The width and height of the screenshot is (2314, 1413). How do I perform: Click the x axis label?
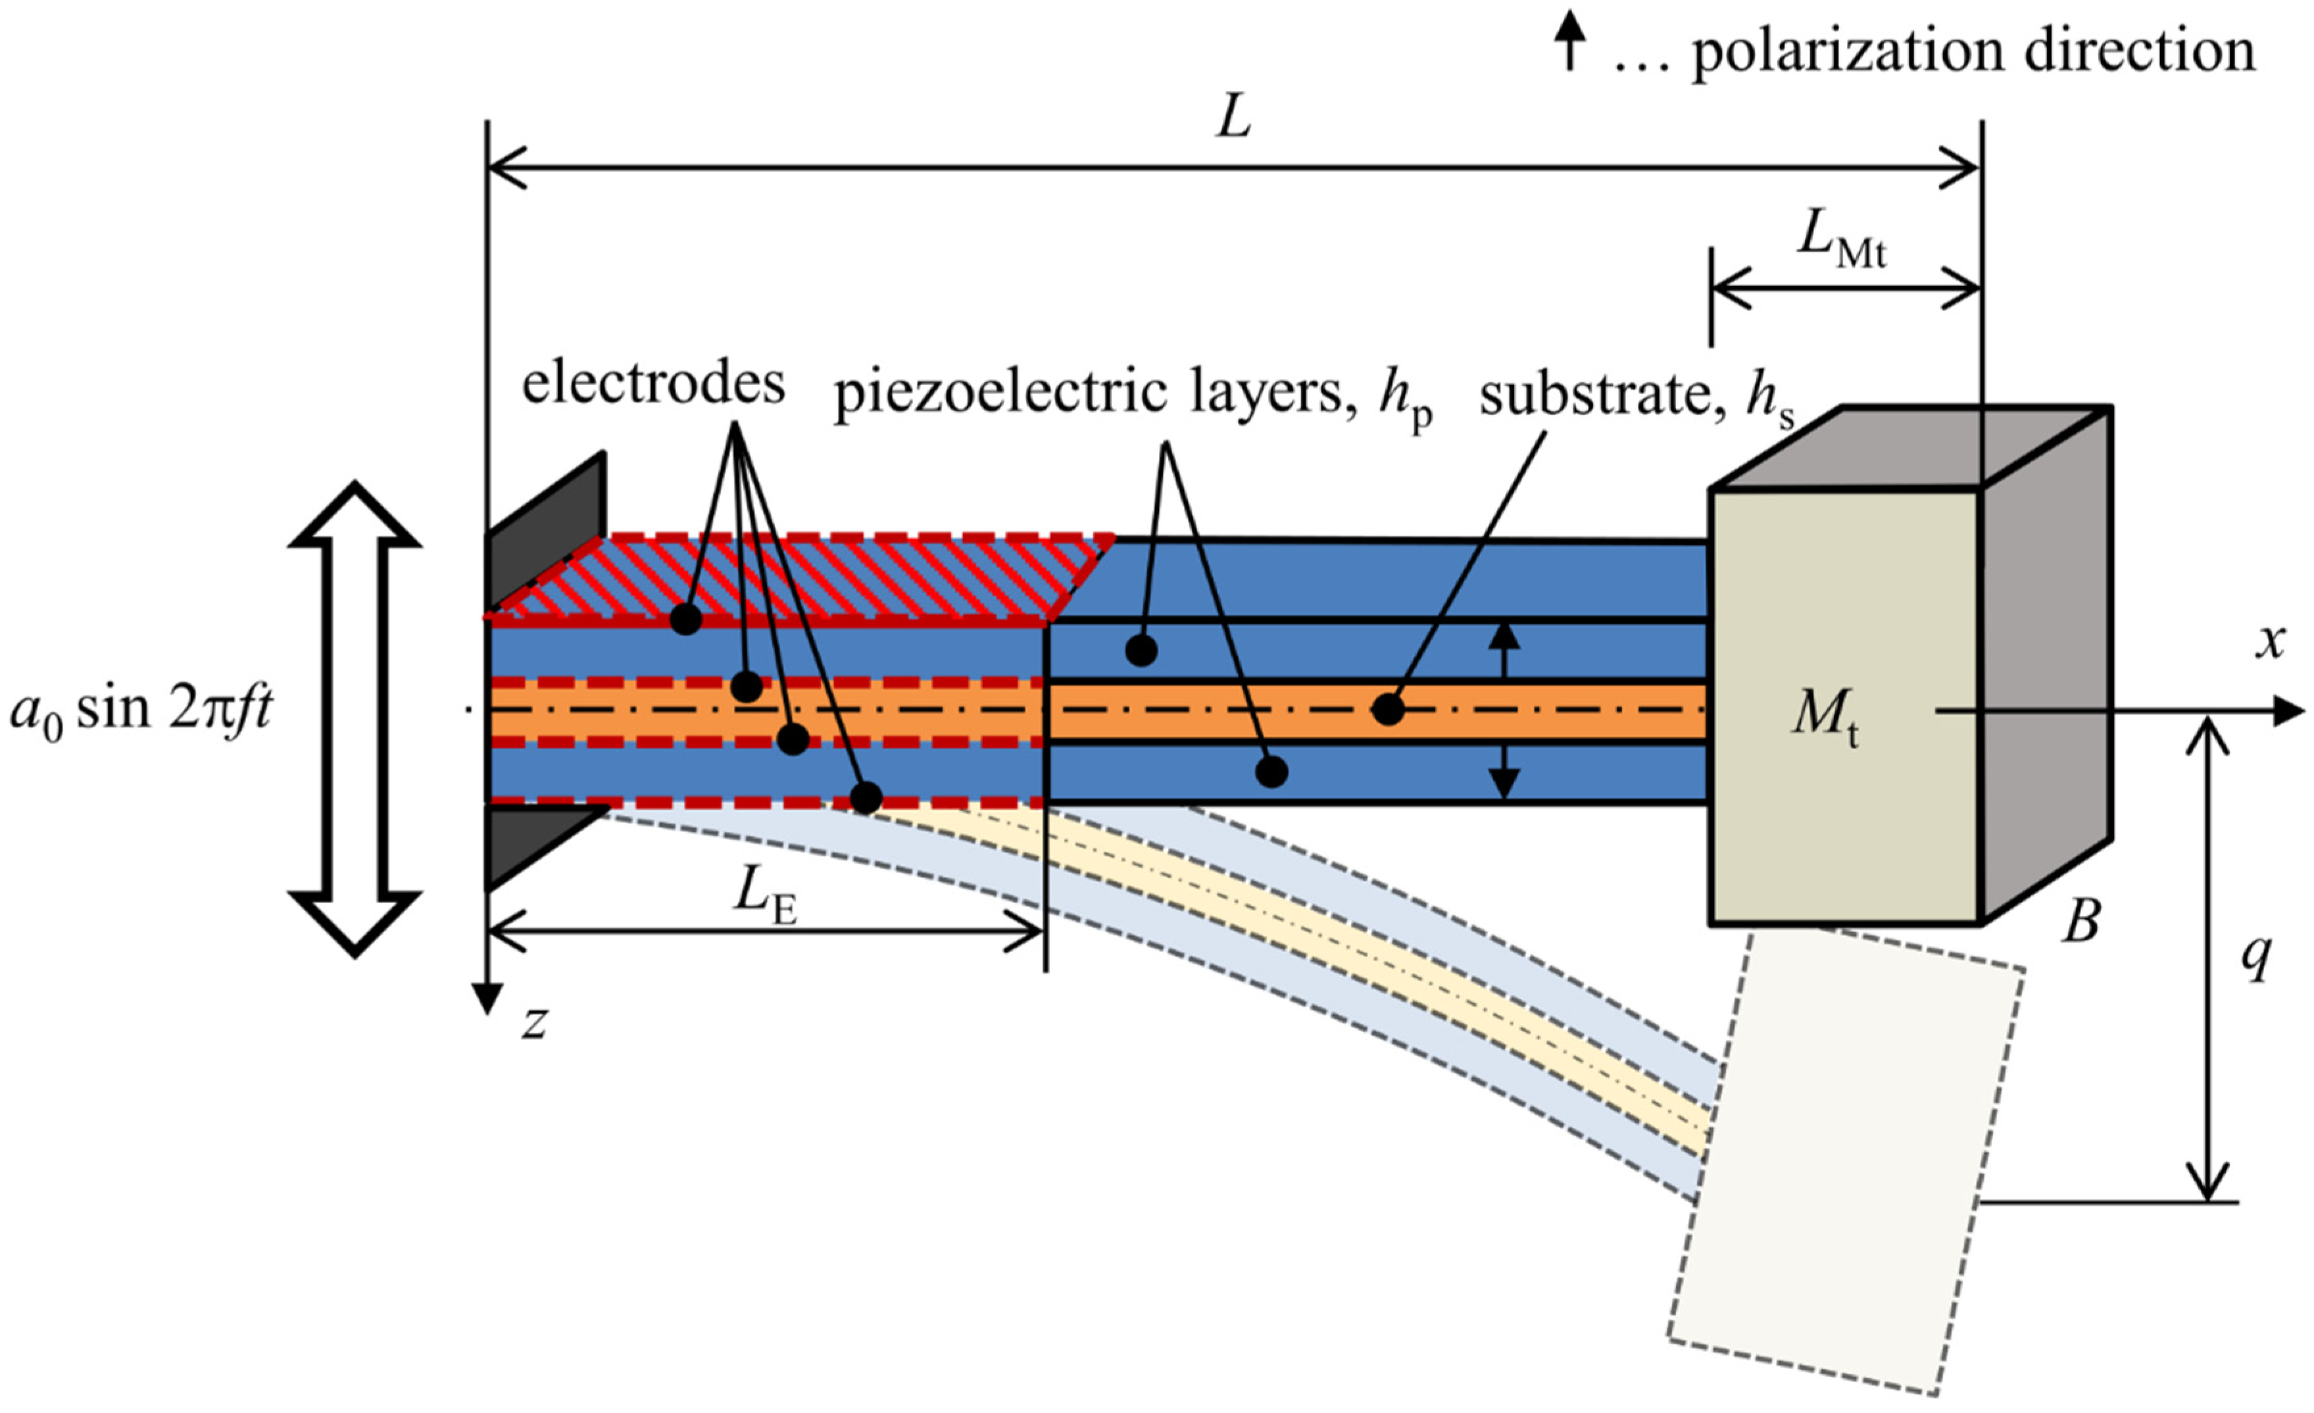pos(2270,643)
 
